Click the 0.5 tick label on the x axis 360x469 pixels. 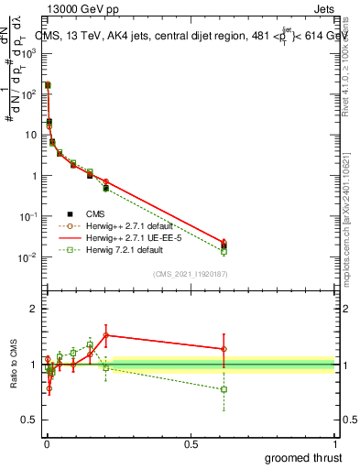click(x=191, y=444)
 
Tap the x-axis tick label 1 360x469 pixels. click(x=335, y=444)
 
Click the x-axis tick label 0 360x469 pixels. click(x=47, y=444)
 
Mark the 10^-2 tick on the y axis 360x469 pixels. click(x=29, y=257)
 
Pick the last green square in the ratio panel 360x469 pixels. click(x=224, y=389)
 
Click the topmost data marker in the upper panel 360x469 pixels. click(x=48, y=84)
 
